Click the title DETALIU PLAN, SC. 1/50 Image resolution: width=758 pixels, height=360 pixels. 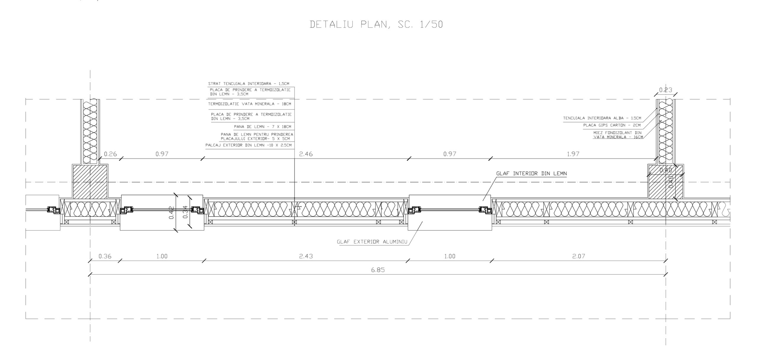(376, 25)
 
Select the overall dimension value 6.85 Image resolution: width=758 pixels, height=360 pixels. (378, 270)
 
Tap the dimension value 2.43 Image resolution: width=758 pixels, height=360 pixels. (306, 256)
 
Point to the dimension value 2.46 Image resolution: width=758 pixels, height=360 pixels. (306, 154)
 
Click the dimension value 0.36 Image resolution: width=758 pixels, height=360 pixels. (105, 256)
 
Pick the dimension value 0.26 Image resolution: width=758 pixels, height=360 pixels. (110, 154)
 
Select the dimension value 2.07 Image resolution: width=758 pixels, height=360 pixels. (579, 256)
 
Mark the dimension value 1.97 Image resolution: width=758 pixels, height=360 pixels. (573, 154)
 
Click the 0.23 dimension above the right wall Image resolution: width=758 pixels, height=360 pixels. (665, 90)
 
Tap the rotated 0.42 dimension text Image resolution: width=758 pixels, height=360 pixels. (171, 212)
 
